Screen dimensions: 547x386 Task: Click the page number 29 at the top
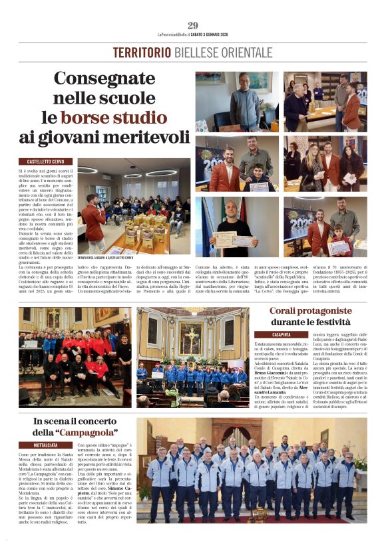click(193, 25)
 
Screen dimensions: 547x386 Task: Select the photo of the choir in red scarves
click(75, 357)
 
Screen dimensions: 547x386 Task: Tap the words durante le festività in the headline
click(311, 323)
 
